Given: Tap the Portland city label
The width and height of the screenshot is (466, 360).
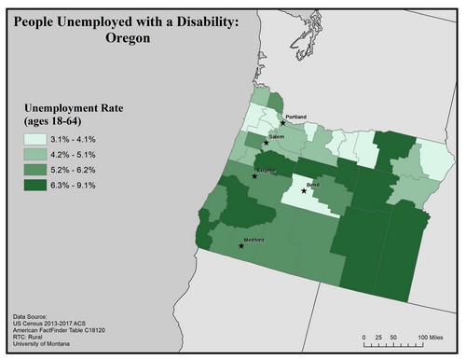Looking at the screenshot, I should click(296, 116).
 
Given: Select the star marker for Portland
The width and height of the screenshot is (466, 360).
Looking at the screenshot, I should click(282, 122).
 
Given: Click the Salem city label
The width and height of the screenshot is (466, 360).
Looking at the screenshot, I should click(276, 137).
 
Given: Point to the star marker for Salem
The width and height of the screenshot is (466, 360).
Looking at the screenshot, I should click(263, 144).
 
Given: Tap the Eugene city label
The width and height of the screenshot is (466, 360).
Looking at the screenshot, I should click(267, 170).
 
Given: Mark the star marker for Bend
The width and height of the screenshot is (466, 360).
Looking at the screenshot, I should click(303, 191).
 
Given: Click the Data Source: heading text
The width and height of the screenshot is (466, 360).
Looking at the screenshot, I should click(35, 316).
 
